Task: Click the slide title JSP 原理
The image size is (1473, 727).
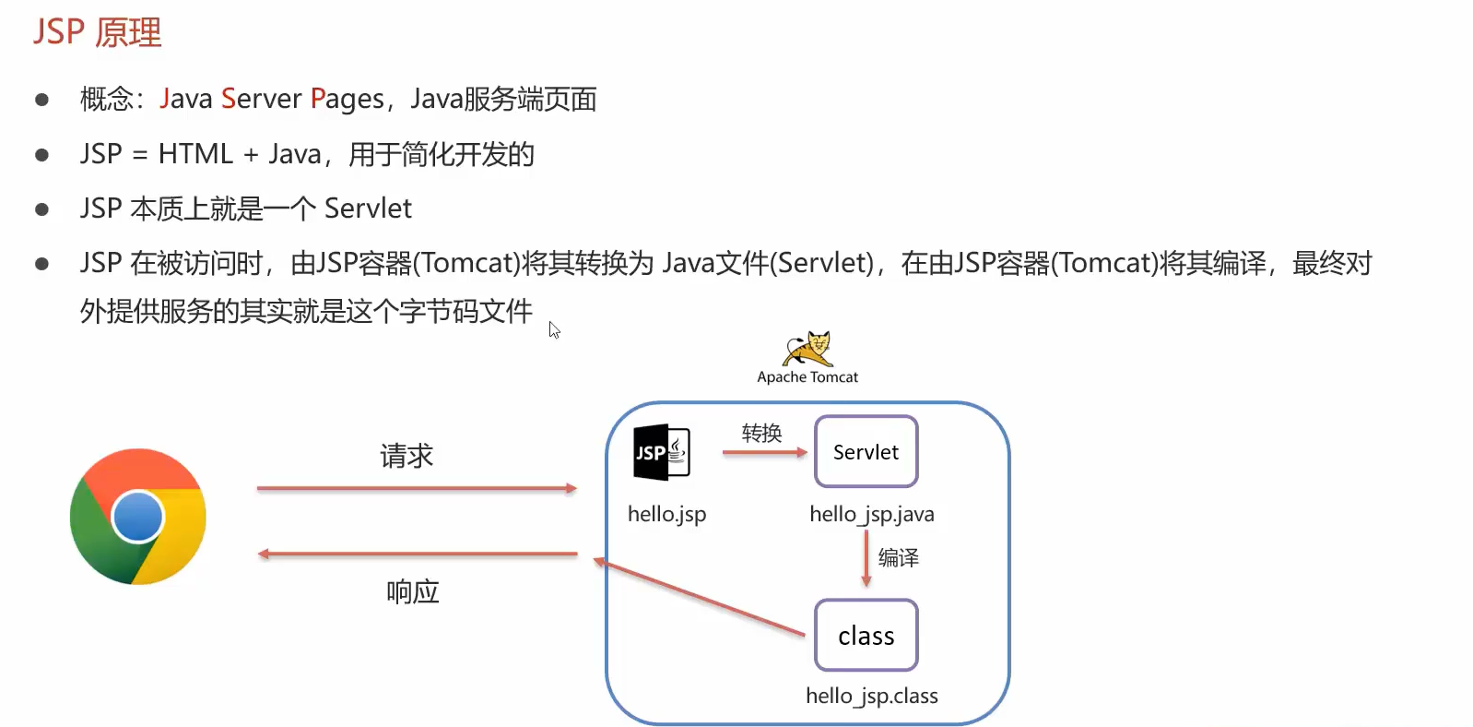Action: click(x=98, y=33)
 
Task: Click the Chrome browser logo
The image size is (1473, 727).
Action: click(x=138, y=517)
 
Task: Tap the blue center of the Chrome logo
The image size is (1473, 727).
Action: click(x=138, y=517)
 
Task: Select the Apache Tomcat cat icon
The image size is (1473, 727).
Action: click(x=808, y=350)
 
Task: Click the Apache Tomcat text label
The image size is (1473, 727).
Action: click(x=807, y=377)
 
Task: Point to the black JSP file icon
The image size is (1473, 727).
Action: click(x=661, y=452)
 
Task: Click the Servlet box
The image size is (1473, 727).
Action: click(x=866, y=452)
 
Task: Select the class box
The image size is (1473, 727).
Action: click(x=866, y=636)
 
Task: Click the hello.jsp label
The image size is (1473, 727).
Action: click(x=666, y=514)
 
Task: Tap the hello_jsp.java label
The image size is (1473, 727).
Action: click(x=871, y=514)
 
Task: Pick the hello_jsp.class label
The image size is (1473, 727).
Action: click(x=871, y=696)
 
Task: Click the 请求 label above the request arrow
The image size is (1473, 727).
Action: click(x=407, y=456)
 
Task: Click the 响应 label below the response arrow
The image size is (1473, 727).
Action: click(x=412, y=591)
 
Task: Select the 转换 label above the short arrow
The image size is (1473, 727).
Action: click(x=761, y=433)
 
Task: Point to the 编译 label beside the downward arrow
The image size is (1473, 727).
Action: click(x=898, y=557)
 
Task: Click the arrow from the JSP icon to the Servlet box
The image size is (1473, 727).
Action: click(x=764, y=452)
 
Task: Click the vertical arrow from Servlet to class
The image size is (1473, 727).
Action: click(x=866, y=559)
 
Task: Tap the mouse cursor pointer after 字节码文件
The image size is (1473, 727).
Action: click(x=553, y=328)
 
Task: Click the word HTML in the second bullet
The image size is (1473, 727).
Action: click(x=195, y=154)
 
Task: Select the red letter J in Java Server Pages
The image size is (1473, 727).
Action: click(x=165, y=99)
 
